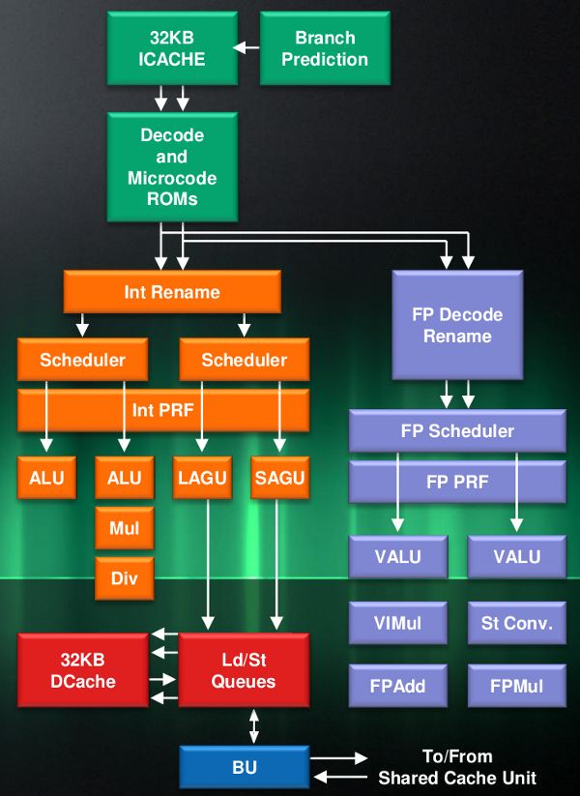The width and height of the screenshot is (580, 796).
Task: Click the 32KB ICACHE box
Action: (172, 48)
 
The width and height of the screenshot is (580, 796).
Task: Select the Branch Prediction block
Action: (325, 48)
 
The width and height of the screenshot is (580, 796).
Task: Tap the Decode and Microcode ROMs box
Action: (172, 167)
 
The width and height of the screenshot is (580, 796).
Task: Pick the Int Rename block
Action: (172, 292)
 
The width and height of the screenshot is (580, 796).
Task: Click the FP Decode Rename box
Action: (457, 325)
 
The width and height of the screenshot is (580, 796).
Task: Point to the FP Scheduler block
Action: (457, 431)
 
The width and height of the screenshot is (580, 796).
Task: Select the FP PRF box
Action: (457, 481)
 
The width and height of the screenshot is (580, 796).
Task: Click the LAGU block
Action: (202, 478)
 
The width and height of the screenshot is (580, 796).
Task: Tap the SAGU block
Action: (279, 478)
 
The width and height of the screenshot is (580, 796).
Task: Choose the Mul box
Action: (125, 528)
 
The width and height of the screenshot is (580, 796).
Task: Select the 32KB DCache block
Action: (83, 670)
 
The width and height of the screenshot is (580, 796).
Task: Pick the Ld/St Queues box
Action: (244, 670)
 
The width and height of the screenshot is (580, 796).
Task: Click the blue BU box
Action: (244, 767)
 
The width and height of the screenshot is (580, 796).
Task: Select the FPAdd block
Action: (398, 686)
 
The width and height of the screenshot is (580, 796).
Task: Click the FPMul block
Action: (517, 686)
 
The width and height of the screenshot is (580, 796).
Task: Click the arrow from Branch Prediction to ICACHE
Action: (246, 47)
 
